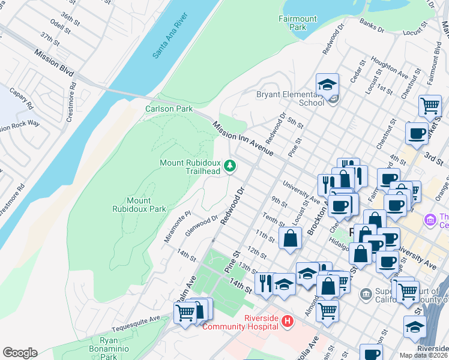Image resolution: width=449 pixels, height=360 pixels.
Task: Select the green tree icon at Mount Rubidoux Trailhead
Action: pos(229,166)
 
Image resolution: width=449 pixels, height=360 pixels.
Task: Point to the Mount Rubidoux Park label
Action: pos(139,205)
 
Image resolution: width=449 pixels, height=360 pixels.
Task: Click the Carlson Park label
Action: pos(169,109)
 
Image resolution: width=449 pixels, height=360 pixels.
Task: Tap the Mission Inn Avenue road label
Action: pos(243,139)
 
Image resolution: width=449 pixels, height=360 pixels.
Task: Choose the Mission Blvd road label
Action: pos(54,63)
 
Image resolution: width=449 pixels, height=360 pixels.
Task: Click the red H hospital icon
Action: pos(287,322)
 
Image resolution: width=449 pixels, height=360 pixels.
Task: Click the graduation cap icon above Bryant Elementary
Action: pos(327,85)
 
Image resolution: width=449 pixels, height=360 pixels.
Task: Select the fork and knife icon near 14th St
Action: pos(265,282)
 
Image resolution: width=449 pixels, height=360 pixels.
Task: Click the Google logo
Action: pos(20,353)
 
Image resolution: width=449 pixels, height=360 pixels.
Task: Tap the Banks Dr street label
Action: pos(371,25)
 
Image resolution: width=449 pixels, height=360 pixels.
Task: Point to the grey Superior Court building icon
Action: pos(366,294)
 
